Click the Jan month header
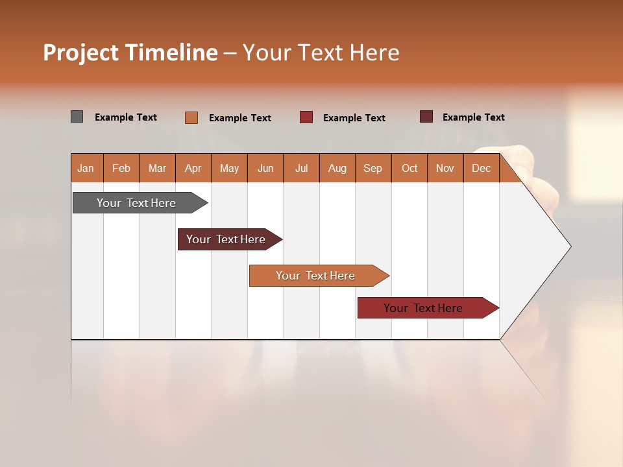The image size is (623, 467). tap(86, 168)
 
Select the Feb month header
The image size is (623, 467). tap(121, 168)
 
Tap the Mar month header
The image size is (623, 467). tap(157, 168)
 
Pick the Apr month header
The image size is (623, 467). tap(193, 168)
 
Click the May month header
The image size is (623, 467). tap(229, 168)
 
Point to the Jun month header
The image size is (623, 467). tap(265, 168)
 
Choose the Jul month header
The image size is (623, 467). tap(301, 168)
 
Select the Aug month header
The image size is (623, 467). tap(337, 168)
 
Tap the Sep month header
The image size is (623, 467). tap(373, 168)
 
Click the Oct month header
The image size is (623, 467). tap(409, 168)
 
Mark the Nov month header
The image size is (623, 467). tap(445, 168)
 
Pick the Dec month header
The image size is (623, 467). tap(481, 168)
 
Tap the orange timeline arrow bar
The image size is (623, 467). tap(316, 276)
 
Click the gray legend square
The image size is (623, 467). tap(77, 117)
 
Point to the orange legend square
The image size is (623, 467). tap(191, 117)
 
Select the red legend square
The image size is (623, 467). tap(306, 117)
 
